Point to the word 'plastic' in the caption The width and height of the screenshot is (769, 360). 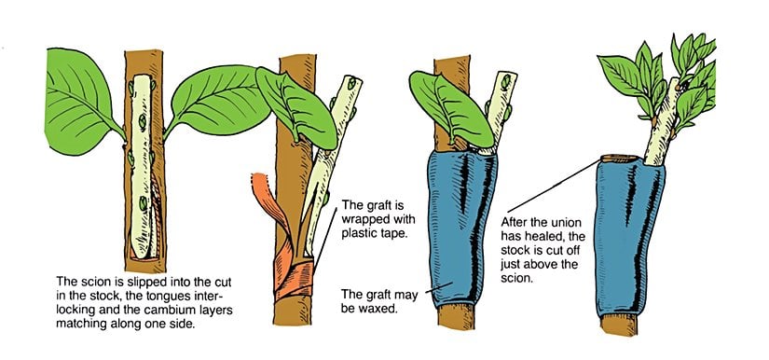click(359, 233)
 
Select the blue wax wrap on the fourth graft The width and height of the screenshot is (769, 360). click(629, 235)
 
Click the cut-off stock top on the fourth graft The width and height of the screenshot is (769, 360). click(621, 159)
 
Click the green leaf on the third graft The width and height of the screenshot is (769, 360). click(450, 108)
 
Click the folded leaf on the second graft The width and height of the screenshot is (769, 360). click(297, 108)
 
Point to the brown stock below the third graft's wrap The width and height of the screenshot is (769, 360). click(456, 316)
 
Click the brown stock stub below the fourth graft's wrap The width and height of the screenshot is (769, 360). click(619, 325)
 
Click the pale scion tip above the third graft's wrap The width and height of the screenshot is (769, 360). click(501, 110)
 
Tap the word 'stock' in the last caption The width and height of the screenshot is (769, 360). click(513, 251)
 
